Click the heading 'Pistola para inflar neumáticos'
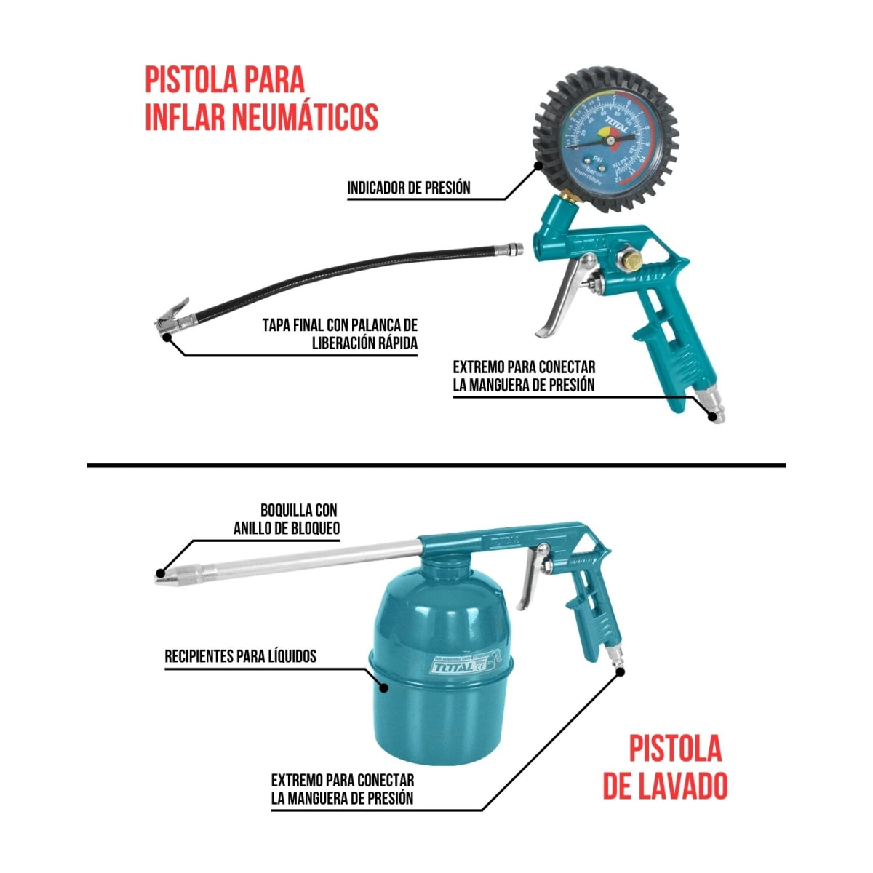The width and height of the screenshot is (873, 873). tap(260, 98)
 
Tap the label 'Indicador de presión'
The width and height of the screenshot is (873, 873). tap(408, 188)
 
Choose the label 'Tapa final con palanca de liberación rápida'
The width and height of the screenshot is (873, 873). tap(340, 334)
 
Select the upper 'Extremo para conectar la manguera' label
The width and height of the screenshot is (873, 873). tap(523, 376)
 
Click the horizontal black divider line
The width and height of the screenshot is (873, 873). tap(436, 464)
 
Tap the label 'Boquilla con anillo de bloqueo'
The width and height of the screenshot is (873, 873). tap(287, 519)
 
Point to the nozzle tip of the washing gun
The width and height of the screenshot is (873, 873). tap(162, 575)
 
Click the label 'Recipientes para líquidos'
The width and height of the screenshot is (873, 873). tap(240, 656)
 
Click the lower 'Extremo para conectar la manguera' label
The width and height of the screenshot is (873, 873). tap(342, 789)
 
